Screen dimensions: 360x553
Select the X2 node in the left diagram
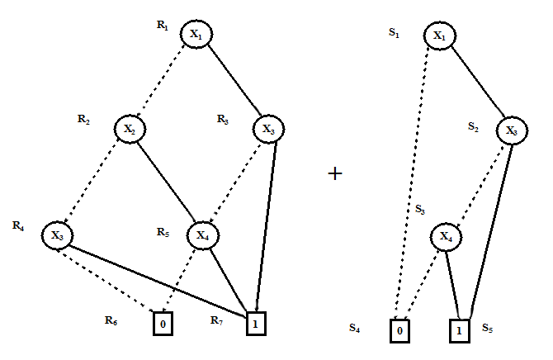coord(129,129)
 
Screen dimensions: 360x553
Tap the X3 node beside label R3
coord(267,129)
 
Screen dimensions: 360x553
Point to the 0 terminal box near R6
coord(163,324)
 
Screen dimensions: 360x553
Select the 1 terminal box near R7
coord(257,324)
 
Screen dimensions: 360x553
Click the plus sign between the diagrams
coord(335,174)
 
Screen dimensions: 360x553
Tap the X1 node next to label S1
coord(440,36)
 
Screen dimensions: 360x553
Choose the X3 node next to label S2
coord(512,131)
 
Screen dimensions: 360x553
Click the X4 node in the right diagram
coord(447,238)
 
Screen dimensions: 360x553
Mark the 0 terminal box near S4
coord(400,330)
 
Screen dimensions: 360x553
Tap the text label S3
coord(420,209)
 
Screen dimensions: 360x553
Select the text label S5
coord(488,328)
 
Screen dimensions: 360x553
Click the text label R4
coord(18,225)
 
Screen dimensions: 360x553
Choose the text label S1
coord(394,33)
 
